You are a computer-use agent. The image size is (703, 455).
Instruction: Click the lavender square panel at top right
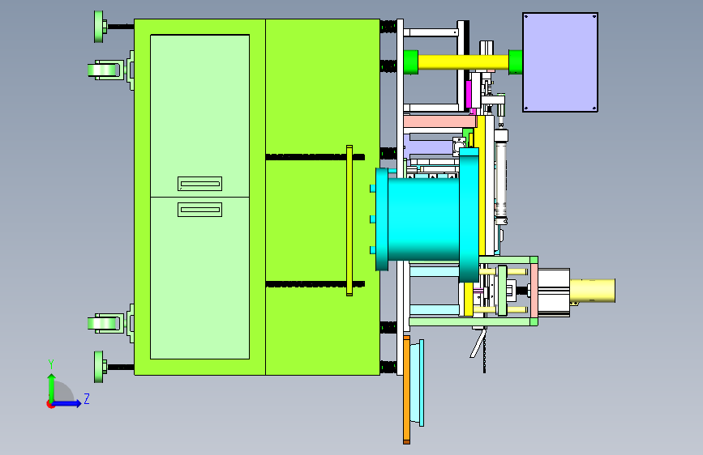(x=560, y=62)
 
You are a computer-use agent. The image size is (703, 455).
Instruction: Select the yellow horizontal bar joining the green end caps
(x=463, y=62)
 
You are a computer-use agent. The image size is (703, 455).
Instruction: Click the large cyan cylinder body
(x=423, y=219)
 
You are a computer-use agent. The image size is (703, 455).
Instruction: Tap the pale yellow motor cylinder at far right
(x=592, y=290)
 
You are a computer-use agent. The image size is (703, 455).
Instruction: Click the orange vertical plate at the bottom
(x=407, y=389)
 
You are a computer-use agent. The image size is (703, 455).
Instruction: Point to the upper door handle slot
(x=200, y=184)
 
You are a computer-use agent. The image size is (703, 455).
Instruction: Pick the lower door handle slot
(x=200, y=210)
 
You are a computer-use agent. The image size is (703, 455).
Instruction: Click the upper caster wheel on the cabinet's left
(x=104, y=70)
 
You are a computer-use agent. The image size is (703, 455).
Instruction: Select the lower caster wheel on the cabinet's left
(x=104, y=324)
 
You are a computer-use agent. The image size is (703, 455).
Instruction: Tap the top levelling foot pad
(x=99, y=27)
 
